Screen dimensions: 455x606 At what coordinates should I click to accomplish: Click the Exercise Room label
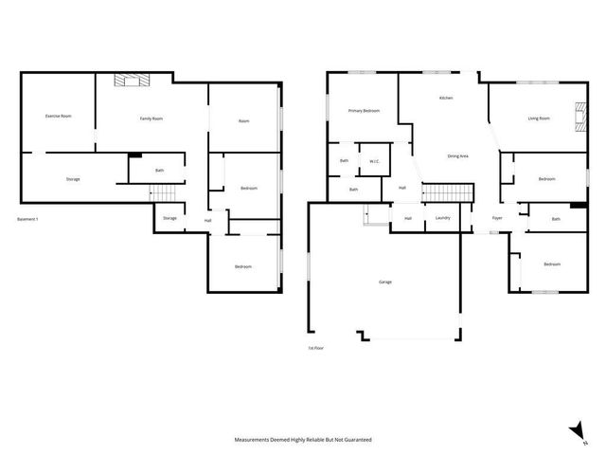tap(59, 116)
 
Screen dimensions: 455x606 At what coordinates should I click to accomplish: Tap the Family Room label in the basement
tap(151, 118)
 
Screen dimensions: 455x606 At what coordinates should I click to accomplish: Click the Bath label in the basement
tap(159, 171)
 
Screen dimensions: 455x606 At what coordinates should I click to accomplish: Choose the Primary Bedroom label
tap(364, 111)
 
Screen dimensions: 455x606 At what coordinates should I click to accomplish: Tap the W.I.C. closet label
tap(374, 160)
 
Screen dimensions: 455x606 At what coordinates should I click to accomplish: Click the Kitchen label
tap(446, 99)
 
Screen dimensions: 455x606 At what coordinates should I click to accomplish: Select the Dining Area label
tap(458, 155)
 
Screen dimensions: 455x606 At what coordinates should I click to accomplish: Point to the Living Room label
tap(539, 118)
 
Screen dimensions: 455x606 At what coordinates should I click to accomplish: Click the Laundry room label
tap(442, 219)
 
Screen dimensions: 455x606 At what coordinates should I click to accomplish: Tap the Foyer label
tap(497, 219)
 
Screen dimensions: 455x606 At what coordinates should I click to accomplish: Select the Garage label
tap(385, 282)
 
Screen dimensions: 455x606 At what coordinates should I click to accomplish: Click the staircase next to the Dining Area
tap(447, 194)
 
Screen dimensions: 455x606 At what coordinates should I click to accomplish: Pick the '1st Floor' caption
tap(315, 349)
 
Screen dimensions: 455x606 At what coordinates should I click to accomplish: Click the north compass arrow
tap(575, 432)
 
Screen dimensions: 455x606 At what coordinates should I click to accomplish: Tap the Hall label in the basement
tap(207, 221)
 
